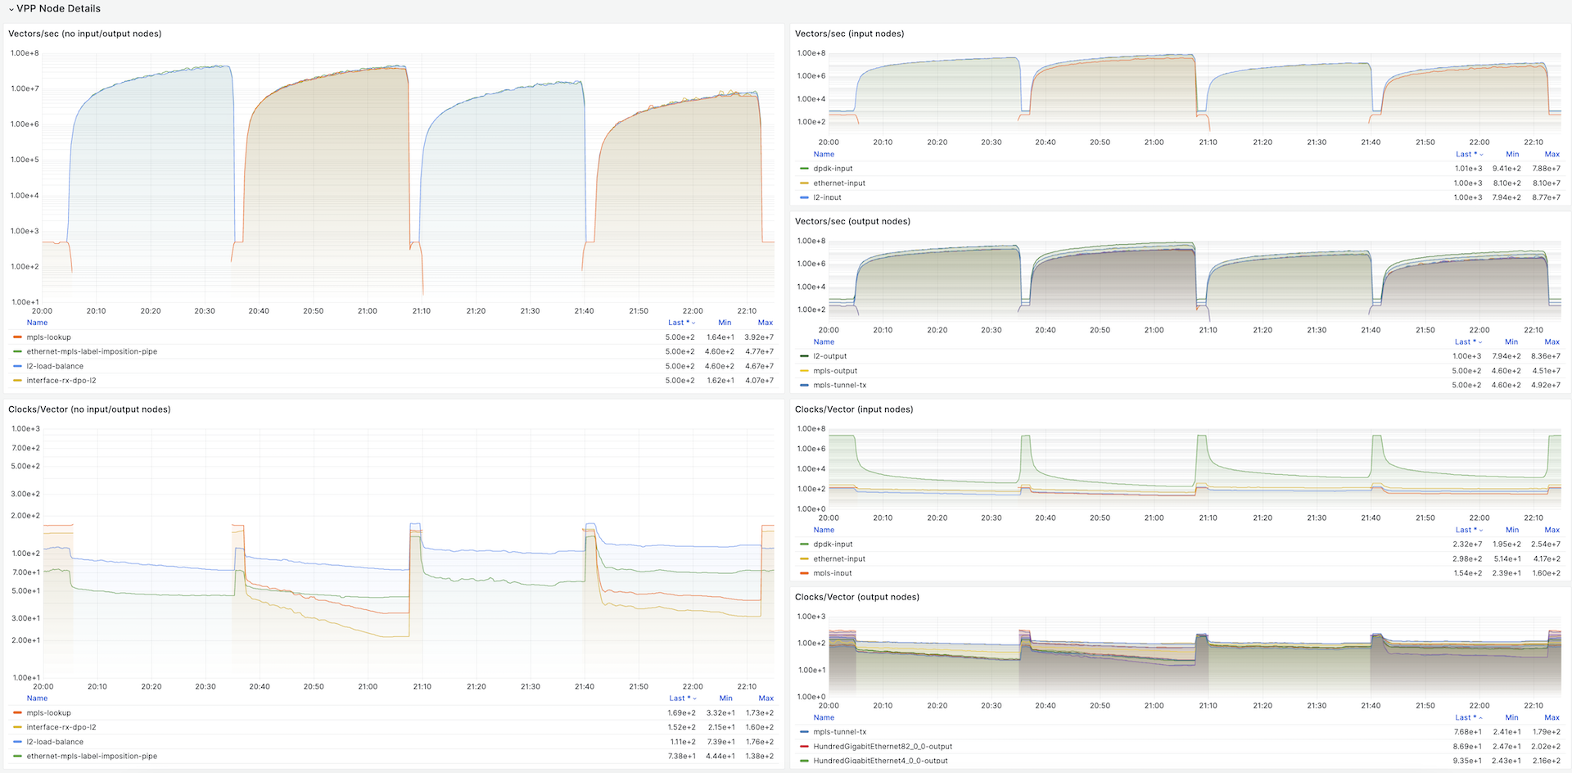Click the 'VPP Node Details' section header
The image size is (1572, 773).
(58, 8)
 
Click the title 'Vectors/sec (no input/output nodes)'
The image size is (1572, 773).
(85, 34)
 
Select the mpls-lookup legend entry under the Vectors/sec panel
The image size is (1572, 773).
(48, 337)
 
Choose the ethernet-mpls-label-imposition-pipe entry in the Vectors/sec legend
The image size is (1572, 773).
(92, 351)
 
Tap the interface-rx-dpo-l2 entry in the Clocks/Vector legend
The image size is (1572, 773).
(61, 727)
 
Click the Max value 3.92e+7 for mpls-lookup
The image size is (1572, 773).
(759, 337)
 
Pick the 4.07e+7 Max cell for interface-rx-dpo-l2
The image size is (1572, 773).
(759, 381)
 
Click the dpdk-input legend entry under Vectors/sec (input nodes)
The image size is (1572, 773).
(833, 169)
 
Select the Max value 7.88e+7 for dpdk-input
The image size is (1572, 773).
(1546, 169)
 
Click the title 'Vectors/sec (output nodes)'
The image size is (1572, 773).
(852, 221)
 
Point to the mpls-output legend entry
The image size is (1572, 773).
(835, 371)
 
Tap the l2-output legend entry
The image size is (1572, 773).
(830, 356)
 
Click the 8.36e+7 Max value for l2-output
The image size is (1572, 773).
(1546, 356)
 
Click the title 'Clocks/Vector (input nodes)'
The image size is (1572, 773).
(854, 409)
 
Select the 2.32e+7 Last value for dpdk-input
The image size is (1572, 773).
(1467, 545)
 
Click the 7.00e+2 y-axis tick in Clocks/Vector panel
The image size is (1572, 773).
(25, 448)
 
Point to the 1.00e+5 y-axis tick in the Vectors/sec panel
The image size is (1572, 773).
(25, 160)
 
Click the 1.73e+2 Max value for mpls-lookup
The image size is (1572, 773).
(759, 713)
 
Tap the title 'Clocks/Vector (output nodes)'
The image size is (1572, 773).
(857, 597)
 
